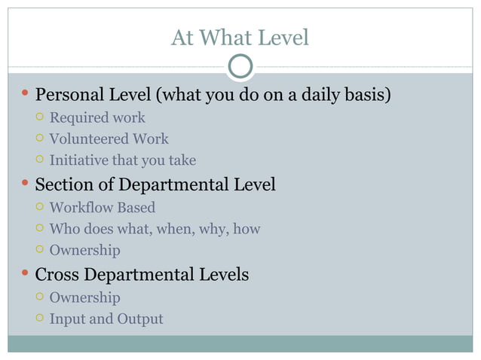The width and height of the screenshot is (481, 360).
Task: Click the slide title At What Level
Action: tap(240, 37)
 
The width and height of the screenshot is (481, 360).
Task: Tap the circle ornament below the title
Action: tap(240, 67)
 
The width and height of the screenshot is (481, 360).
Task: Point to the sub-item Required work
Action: tap(97, 117)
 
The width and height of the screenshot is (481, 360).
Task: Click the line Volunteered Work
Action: tap(109, 139)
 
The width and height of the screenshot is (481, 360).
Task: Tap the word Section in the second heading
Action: tap(63, 185)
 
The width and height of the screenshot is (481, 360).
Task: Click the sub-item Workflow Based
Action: tap(102, 207)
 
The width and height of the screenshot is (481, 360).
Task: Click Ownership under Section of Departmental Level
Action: tap(84, 249)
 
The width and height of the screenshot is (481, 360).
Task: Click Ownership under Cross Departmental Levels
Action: tap(84, 297)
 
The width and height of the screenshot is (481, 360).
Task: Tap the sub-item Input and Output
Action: tap(106, 319)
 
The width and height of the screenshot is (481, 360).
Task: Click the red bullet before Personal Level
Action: tap(25, 95)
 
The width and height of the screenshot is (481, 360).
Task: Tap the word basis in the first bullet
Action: tap(369, 96)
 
